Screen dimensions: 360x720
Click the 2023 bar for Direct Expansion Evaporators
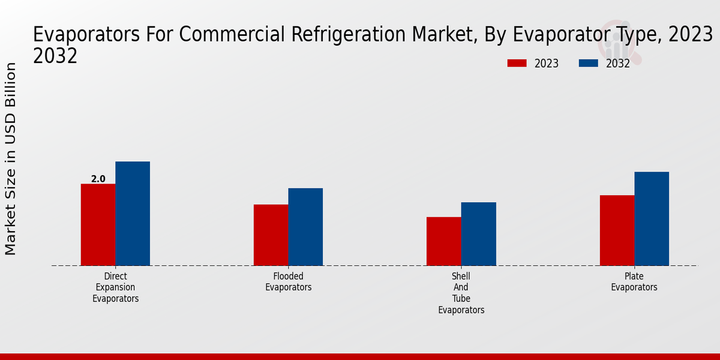tap(98, 224)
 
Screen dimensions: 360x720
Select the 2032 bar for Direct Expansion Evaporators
tap(133, 214)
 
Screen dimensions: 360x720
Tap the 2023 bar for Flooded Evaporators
tap(271, 235)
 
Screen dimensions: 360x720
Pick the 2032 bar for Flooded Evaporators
tap(305, 227)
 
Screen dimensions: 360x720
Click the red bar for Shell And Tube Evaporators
tap(444, 241)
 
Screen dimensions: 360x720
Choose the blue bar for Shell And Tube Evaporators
tap(479, 234)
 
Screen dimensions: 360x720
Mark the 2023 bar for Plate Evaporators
tap(617, 230)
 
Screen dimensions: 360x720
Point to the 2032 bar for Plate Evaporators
tap(652, 218)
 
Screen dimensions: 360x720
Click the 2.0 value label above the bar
tap(98, 179)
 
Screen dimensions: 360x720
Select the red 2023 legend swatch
tap(517, 63)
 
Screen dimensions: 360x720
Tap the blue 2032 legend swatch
tap(589, 63)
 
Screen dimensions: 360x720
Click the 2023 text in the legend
tap(546, 64)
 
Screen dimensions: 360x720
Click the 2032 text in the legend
tap(618, 64)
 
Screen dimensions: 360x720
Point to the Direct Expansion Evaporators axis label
tap(115, 287)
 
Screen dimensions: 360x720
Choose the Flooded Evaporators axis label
tap(289, 282)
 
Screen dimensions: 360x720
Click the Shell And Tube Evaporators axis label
tap(461, 293)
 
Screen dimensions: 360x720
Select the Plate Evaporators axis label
tap(634, 282)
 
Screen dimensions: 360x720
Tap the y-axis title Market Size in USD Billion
tap(11, 158)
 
